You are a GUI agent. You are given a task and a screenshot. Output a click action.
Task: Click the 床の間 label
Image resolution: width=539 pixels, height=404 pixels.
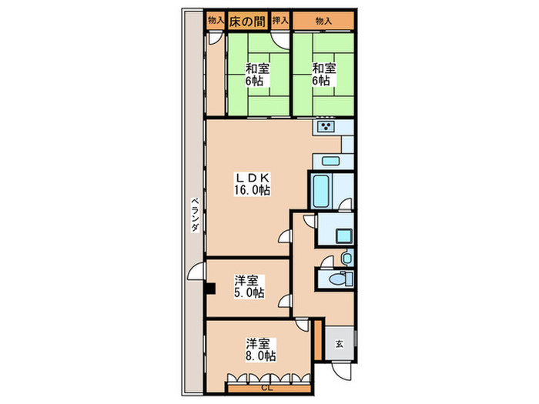coord(247,22)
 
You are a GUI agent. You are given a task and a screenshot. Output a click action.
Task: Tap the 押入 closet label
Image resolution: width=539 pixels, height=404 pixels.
coord(280,21)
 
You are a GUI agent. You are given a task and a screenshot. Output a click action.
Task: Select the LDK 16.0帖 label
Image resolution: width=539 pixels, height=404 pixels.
coord(252,184)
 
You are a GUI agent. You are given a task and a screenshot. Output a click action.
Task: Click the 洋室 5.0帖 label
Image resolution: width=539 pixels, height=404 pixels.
coord(249,286)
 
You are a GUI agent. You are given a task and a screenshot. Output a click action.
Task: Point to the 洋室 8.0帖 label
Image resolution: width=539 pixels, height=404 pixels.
coord(260,349)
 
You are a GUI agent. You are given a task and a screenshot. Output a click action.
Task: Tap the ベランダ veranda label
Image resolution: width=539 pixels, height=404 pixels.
coord(196,215)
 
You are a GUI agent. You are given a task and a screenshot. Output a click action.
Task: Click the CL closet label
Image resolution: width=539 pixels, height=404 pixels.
coord(266,389)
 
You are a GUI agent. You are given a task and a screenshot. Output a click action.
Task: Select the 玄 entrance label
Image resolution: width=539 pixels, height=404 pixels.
coord(340,343)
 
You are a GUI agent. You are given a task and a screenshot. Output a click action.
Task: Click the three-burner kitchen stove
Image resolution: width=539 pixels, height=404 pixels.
coord(326,127)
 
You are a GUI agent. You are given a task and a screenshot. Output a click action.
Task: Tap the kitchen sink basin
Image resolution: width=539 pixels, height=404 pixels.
coord(330,161)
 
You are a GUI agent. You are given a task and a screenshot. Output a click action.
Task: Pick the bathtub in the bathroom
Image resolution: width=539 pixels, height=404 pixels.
coord(320,191)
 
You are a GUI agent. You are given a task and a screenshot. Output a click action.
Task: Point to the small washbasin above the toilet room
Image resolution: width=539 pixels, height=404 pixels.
coord(346,258)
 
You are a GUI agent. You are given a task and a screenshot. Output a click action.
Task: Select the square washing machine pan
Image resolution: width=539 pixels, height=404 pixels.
coord(344,236)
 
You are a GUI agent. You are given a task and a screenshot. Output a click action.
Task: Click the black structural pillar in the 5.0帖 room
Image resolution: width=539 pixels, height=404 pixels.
coord(210,289)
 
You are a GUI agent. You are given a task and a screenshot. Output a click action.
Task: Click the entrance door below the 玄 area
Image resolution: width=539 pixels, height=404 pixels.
coord(342,370)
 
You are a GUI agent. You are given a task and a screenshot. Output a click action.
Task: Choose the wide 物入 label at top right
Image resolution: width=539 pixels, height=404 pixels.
coord(323,22)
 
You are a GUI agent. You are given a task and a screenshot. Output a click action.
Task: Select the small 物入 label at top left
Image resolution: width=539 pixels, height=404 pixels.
coord(216,20)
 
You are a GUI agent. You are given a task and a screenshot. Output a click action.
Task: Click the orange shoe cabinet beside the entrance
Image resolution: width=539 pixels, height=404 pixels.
coord(318,340)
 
